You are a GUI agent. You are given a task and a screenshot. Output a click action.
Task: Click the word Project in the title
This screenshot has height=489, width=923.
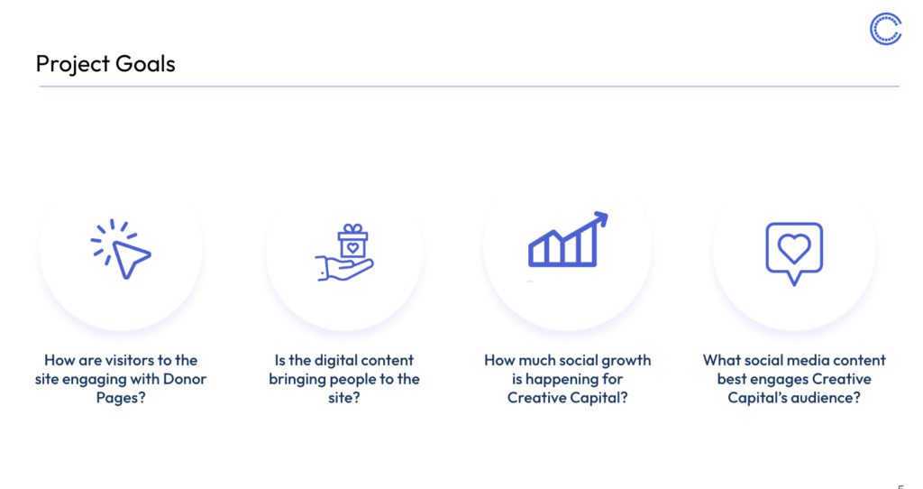73,64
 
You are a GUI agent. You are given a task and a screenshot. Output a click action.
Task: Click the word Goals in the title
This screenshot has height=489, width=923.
145,64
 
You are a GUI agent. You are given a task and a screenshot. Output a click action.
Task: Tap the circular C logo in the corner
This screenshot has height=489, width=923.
886,29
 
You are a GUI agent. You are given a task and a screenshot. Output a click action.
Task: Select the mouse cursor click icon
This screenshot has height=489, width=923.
121,249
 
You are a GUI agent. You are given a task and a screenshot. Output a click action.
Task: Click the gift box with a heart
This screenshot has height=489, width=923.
352,245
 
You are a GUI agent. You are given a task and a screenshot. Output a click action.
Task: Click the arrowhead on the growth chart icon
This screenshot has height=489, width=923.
600,218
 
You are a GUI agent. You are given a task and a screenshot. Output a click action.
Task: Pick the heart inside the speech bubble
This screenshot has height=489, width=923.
794,248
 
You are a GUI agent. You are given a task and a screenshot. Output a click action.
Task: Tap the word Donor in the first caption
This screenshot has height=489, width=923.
185,379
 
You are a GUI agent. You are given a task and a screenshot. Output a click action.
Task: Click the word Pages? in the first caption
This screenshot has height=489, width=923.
121,398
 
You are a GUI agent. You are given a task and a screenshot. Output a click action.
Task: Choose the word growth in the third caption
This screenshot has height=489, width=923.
627,360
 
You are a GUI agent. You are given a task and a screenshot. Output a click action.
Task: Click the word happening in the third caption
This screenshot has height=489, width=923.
558,379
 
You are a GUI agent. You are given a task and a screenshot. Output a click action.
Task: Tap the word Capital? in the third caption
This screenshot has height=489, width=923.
600,398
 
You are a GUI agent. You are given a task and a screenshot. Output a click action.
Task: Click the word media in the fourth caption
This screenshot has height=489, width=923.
810,360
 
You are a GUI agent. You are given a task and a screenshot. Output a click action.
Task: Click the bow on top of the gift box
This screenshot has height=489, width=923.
352,228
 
